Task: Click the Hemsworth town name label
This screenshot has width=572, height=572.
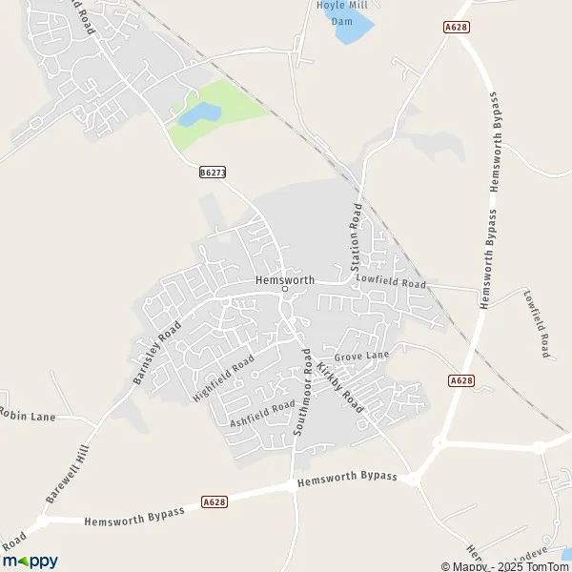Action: [x=284, y=279]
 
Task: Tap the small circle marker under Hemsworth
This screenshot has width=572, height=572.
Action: [x=284, y=290]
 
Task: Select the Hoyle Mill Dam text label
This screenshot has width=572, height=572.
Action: [x=341, y=12]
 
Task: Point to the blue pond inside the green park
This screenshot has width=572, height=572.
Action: [x=199, y=115]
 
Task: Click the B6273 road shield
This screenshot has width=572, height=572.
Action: [x=213, y=173]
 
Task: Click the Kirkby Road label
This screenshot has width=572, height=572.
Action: [x=341, y=387]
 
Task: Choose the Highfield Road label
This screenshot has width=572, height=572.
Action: [x=223, y=376]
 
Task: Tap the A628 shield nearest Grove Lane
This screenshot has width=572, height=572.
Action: [x=460, y=380]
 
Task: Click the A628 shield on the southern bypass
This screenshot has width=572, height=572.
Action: [x=214, y=500]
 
